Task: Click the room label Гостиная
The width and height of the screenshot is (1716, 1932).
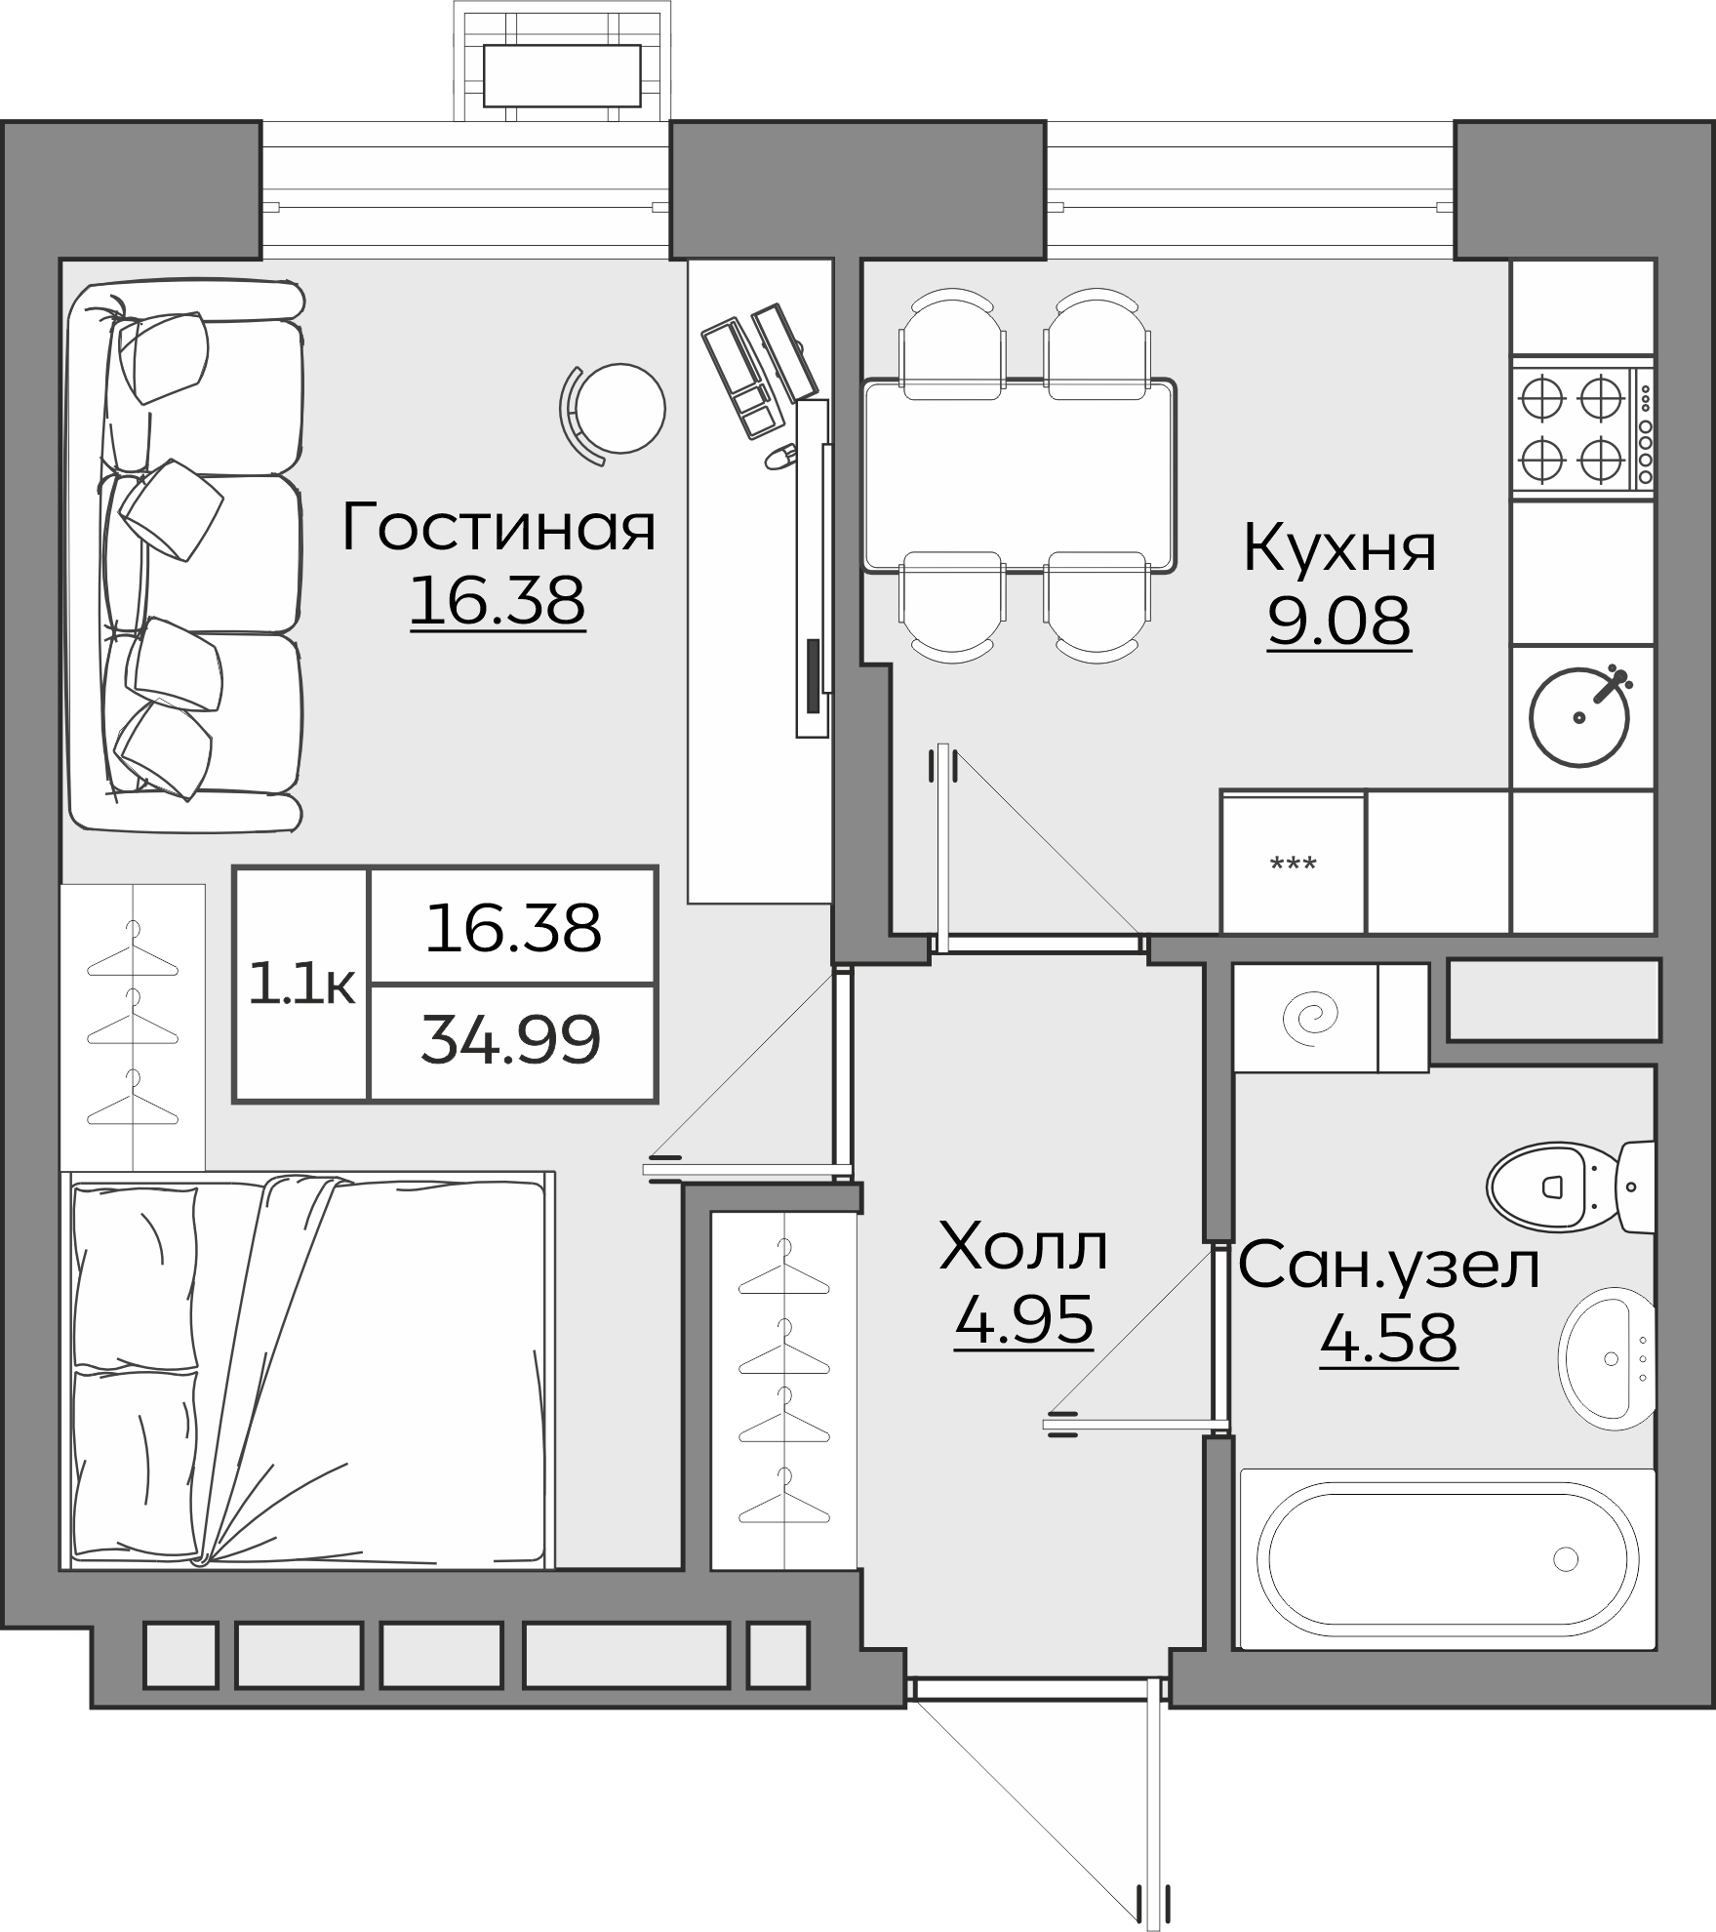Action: coord(499,527)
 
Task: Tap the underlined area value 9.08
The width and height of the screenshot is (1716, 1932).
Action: coord(1338,620)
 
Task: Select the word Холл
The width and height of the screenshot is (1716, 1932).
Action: coord(1023,1248)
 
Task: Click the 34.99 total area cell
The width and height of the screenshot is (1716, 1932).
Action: coord(510,1041)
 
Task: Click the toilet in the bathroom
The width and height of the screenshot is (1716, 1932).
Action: coord(1560,1187)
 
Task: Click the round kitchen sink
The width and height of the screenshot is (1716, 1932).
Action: coord(1579,716)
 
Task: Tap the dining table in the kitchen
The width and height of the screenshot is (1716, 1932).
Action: coord(1019,474)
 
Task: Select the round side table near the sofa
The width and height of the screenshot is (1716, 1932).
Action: coord(619,408)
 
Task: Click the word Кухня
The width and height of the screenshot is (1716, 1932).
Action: coord(1339,548)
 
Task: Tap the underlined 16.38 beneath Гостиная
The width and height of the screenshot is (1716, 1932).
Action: coord(498,600)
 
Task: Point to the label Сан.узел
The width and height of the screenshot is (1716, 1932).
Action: coord(1389,1266)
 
